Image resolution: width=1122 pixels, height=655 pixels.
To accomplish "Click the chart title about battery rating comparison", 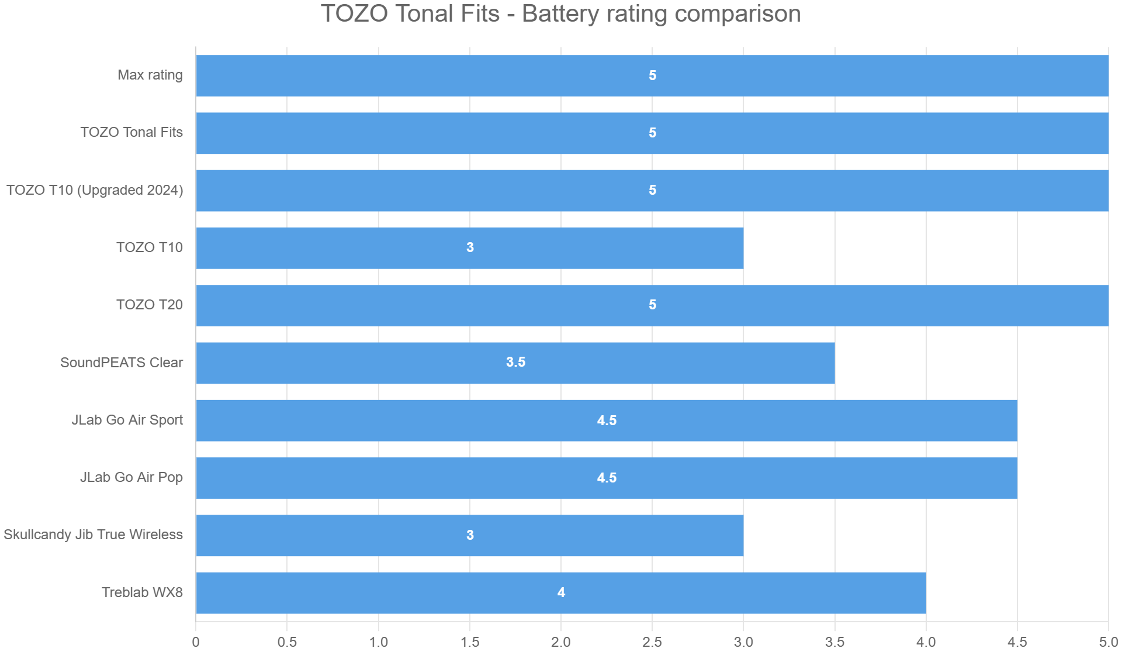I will click(560, 14).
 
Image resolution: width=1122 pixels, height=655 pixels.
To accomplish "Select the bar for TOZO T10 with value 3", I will click(469, 248).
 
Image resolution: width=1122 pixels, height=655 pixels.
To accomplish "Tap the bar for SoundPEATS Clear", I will click(515, 363).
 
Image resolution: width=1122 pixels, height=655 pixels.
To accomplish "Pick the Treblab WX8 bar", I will click(560, 593).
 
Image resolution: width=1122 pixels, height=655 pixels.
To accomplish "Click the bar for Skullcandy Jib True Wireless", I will click(469, 536).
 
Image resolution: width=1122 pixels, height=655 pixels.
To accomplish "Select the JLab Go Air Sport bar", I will click(606, 420).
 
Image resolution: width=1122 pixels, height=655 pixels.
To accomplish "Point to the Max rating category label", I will click(150, 75).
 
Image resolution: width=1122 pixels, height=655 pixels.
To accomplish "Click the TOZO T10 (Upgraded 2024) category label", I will click(95, 191).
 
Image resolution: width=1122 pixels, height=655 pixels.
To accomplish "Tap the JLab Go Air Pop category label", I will click(131, 478).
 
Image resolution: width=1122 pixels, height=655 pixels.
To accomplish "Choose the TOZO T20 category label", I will click(150, 305).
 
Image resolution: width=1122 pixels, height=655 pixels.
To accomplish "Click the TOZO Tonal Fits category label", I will click(131, 133).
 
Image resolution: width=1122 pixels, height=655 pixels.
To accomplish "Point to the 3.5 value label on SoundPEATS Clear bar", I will click(515, 363).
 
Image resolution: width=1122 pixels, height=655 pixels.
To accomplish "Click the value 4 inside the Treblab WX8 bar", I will click(561, 593).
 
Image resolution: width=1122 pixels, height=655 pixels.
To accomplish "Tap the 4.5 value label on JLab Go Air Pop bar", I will click(607, 478).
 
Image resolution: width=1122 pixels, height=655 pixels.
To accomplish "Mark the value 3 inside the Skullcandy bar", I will click(470, 535).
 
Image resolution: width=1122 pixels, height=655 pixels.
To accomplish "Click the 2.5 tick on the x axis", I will click(652, 642).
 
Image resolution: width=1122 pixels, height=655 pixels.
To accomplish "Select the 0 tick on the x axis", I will click(196, 642).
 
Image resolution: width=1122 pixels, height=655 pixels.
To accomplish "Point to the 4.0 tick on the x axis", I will click(926, 642).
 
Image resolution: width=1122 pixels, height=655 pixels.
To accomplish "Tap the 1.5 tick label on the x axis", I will click(470, 642).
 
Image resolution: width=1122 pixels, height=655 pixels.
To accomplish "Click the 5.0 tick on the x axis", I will click(1108, 642).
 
